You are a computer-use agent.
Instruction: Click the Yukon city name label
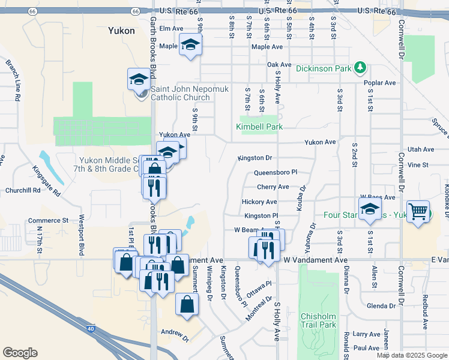click(x=121, y=30)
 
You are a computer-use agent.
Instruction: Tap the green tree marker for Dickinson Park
click(x=360, y=68)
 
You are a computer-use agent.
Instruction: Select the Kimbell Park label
click(x=259, y=127)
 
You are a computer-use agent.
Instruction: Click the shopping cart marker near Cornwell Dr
click(x=418, y=211)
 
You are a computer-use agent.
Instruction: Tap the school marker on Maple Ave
click(x=190, y=45)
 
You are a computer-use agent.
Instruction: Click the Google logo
click(x=20, y=352)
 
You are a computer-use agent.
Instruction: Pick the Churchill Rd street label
click(x=22, y=191)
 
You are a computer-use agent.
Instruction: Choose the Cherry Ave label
click(x=273, y=187)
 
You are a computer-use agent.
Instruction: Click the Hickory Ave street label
click(x=259, y=202)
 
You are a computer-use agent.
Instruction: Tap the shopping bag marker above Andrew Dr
click(x=187, y=304)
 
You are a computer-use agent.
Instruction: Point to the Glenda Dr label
click(x=381, y=306)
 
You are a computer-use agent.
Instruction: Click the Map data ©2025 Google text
click(x=411, y=355)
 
